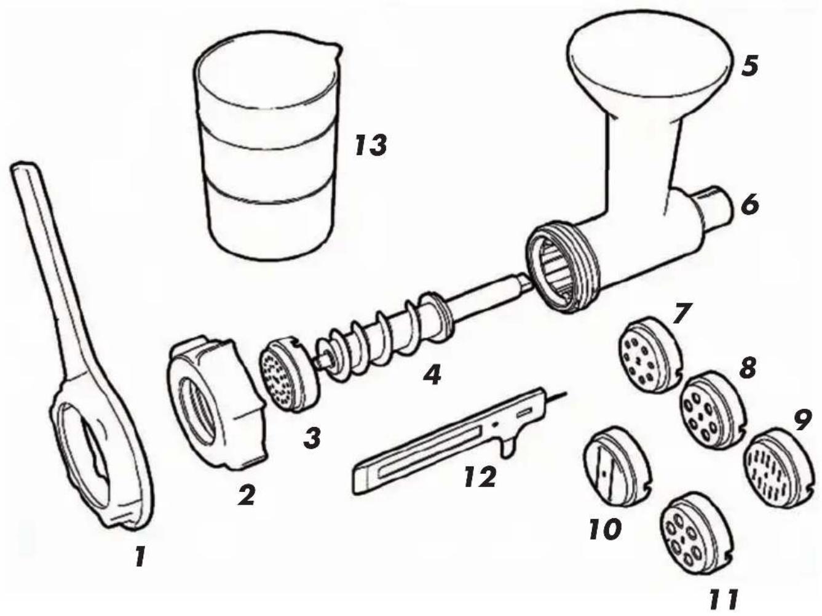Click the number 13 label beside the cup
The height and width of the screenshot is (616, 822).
click(370, 145)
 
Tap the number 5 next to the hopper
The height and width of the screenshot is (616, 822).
click(749, 66)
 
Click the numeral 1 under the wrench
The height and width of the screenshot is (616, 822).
click(140, 556)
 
